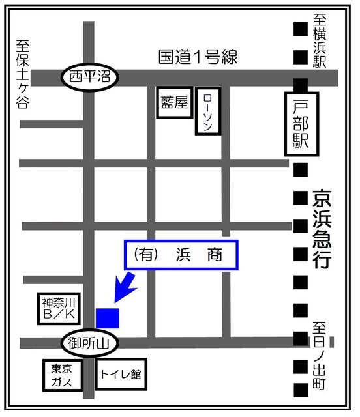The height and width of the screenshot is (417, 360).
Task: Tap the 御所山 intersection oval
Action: (89, 341)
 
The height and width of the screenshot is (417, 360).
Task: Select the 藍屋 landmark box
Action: (174, 104)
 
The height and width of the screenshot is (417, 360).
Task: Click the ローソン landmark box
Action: (207, 111)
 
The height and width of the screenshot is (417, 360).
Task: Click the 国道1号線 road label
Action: (198, 57)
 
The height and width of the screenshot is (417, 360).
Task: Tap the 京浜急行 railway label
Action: (321, 229)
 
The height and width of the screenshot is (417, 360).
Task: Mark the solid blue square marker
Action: (108, 317)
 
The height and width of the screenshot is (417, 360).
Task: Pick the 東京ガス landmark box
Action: (61, 376)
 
